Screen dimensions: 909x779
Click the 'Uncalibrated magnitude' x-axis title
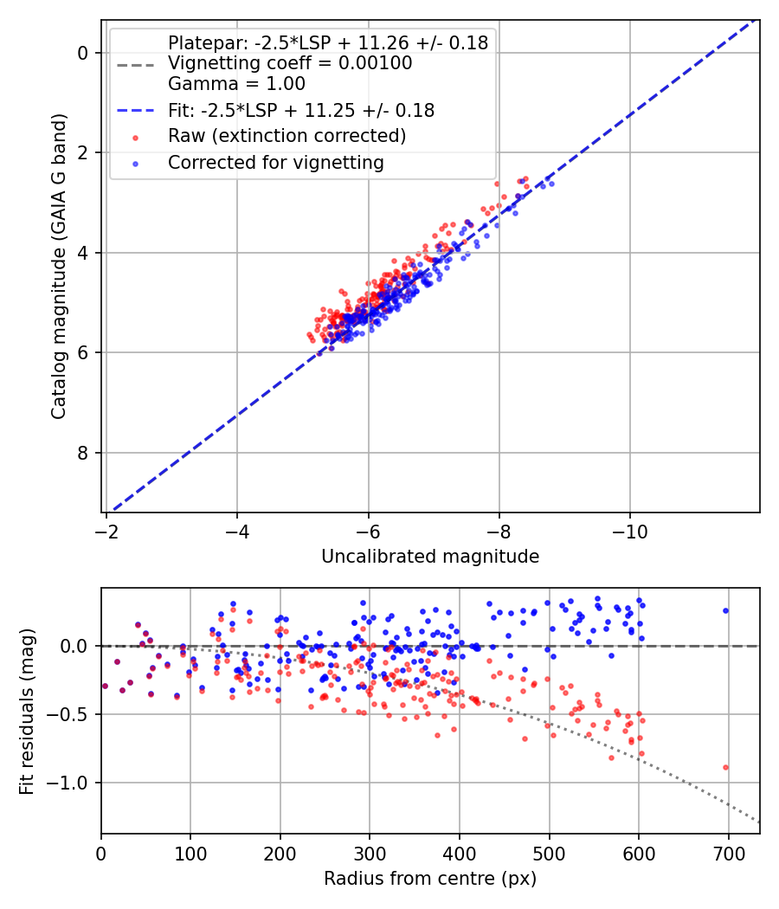tap(430, 557)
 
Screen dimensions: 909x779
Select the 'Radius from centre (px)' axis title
tap(430, 879)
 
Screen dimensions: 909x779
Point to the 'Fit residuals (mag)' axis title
tap(27, 711)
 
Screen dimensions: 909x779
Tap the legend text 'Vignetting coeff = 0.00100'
tap(290, 63)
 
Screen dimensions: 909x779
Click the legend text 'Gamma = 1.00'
tap(236, 85)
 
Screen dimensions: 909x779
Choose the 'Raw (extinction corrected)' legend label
tap(286, 136)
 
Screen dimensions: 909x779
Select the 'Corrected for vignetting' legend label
tap(275, 162)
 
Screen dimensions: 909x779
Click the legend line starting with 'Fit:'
tap(301, 111)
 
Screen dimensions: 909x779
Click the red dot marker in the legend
tap(134, 137)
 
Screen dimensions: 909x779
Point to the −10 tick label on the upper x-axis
tap(629, 530)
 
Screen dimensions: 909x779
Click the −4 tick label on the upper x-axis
tap(237, 530)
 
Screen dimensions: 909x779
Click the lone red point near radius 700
tap(725, 767)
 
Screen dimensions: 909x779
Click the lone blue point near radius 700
tap(725, 610)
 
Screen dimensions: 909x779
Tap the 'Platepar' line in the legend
tap(328, 42)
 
